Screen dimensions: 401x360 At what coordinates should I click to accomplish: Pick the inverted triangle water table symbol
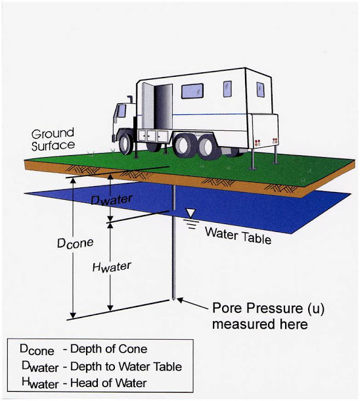coord(191,213)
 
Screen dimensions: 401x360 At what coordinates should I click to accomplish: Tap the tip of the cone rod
coord(173,300)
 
